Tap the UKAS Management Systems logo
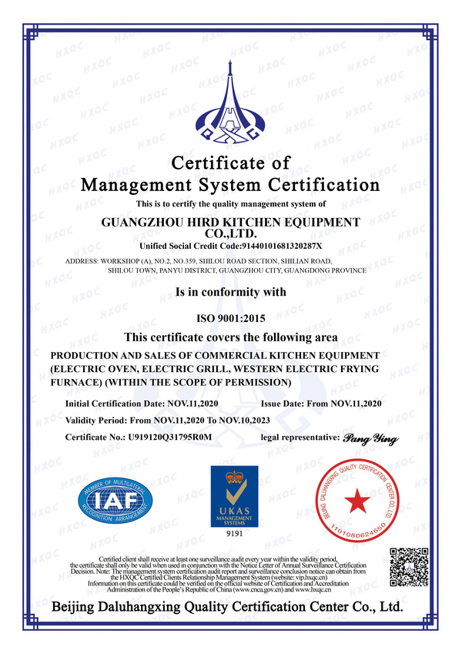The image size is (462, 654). click(234, 496)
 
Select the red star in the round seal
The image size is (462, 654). click(355, 502)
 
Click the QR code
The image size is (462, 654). click(408, 566)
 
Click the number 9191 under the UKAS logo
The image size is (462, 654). click(234, 533)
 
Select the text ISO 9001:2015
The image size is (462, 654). click(230, 318)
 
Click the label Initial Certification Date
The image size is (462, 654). click(115, 403)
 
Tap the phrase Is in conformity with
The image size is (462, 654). click(230, 292)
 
